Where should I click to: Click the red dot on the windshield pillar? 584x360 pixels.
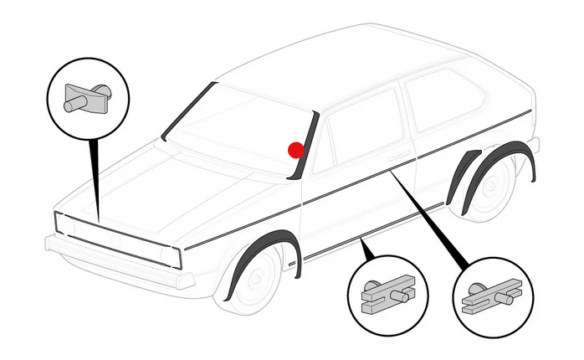[x=296, y=150]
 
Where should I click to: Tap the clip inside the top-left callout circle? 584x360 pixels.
[x=88, y=96]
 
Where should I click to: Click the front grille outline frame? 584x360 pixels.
[x=117, y=238]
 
